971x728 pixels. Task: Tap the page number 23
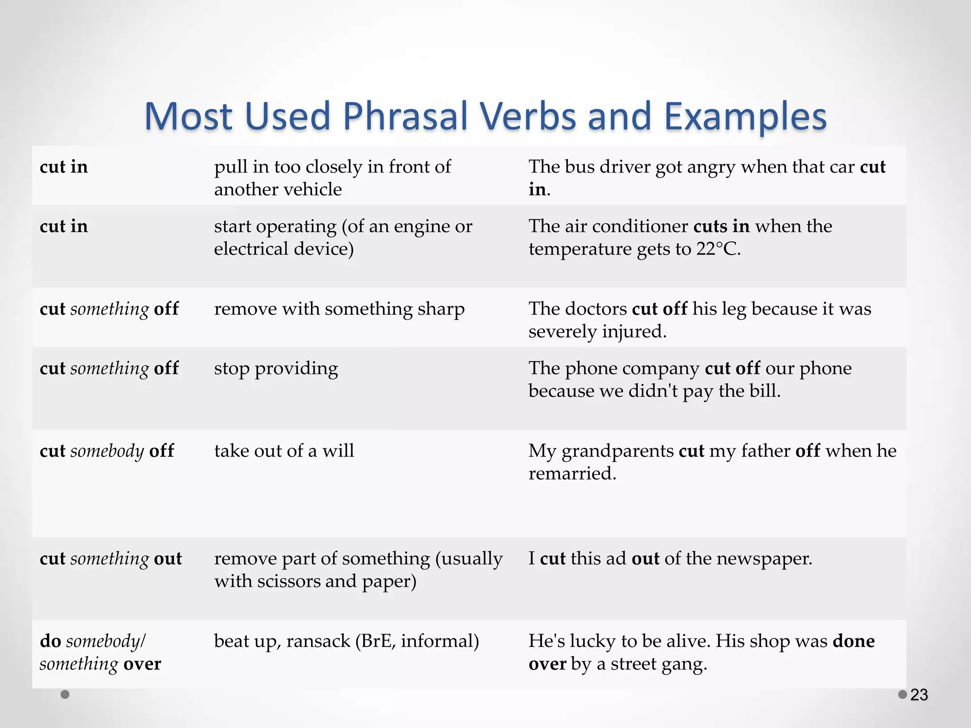919,695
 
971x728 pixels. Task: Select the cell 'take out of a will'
284,451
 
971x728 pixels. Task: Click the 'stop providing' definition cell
276,368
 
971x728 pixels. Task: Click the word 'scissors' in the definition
295,581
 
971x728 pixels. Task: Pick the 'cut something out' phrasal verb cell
111,558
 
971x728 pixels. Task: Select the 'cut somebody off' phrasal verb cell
107,451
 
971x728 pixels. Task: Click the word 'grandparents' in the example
617,451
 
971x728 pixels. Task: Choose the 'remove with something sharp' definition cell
339,309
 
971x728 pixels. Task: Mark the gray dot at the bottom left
65,694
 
